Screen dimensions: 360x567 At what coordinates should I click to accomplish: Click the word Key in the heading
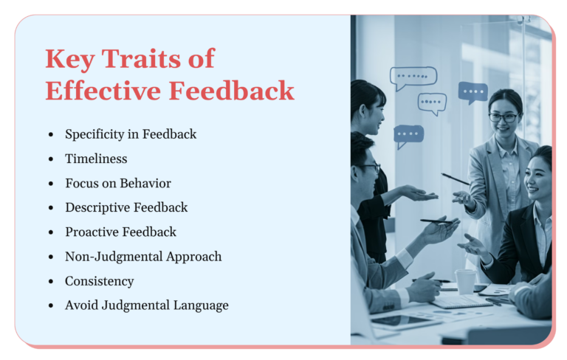[x=69, y=58]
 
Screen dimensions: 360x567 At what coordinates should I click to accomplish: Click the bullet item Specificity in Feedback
[x=131, y=134]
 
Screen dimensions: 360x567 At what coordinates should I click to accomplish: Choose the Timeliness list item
[x=96, y=159]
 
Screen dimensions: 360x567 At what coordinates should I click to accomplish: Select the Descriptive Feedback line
[x=126, y=207]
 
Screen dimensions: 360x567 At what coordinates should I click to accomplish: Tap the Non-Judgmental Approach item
[x=143, y=256]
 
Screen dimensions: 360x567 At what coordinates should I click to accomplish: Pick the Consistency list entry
[x=99, y=281]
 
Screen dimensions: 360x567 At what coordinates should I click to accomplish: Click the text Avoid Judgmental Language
[x=147, y=305]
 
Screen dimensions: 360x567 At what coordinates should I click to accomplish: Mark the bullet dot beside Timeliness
[x=50, y=159]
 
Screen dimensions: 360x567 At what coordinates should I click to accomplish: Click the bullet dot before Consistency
[x=50, y=282]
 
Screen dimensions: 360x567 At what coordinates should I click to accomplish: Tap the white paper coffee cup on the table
[x=465, y=281]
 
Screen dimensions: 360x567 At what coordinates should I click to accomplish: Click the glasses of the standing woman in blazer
[x=503, y=117]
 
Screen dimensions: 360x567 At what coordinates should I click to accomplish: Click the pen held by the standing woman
[x=456, y=179]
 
